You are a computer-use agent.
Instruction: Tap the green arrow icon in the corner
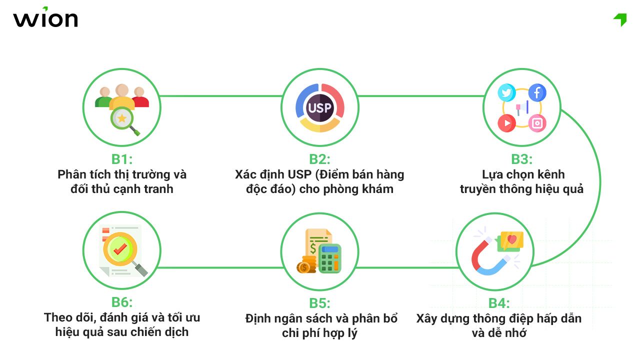(x=620, y=19)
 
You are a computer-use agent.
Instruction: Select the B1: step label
(x=121, y=159)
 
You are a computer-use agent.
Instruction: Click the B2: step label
(x=319, y=159)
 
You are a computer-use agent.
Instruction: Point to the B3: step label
(x=521, y=159)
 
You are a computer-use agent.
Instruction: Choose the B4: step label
(x=498, y=303)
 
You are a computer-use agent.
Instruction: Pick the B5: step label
(x=319, y=303)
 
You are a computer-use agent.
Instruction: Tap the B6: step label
(x=121, y=302)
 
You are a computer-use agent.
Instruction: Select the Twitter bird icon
(x=506, y=93)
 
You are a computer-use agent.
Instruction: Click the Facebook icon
(x=537, y=93)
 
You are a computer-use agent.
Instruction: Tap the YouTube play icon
(x=506, y=123)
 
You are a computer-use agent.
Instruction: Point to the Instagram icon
(x=537, y=123)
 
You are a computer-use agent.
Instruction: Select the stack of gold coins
(x=305, y=265)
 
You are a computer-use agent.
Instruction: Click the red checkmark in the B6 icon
(x=119, y=246)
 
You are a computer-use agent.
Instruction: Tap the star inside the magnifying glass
(x=121, y=118)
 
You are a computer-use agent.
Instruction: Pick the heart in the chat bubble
(x=511, y=240)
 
